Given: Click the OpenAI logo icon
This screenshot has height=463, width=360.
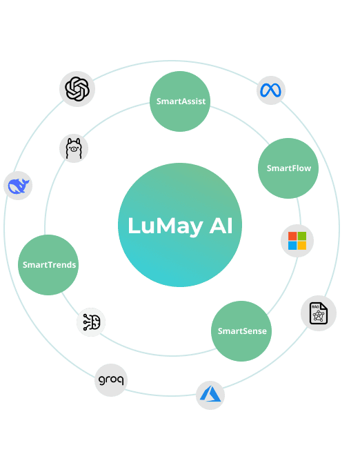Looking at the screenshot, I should click(77, 89).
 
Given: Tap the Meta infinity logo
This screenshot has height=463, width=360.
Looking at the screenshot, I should click(271, 90).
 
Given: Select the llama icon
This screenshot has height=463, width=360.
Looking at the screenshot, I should click(74, 148).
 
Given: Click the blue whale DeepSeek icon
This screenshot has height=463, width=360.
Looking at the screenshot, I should click(18, 186).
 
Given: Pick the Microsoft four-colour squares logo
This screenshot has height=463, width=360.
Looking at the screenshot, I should click(297, 241).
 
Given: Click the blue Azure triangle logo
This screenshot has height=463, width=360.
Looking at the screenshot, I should click(211, 395).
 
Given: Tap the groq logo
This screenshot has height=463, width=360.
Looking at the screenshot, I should click(111, 380).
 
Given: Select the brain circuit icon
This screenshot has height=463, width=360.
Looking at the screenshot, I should click(91, 322).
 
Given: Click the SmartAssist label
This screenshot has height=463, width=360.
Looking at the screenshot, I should click(181, 101).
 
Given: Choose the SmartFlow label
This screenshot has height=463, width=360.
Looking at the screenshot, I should click(288, 168).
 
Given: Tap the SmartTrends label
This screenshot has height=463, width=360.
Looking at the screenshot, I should click(49, 265).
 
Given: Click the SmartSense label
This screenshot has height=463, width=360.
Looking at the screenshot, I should click(242, 331).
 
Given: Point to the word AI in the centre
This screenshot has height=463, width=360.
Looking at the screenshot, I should click(221, 226).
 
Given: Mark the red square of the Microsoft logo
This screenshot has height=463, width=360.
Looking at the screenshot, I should click(292, 236).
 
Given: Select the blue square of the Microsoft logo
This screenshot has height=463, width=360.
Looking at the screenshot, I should click(292, 246).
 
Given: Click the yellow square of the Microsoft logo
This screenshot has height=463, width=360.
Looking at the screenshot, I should click(302, 246).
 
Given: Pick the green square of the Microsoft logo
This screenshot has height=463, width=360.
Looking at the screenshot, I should click(302, 236).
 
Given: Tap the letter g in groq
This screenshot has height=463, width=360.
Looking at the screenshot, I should click(101, 380).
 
